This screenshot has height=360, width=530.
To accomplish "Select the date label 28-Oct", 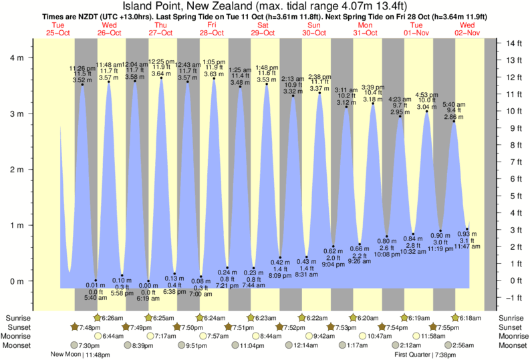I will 211,31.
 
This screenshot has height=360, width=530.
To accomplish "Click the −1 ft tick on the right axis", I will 513,298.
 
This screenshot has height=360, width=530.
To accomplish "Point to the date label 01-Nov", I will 416,31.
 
